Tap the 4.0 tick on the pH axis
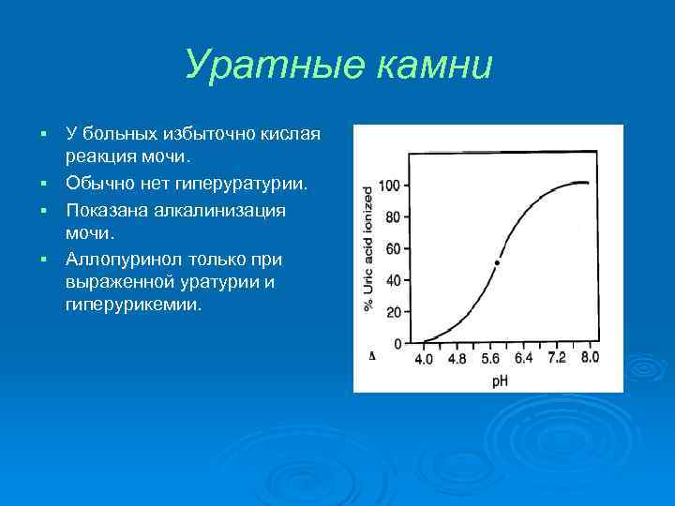click(x=424, y=359)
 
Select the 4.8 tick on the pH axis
click(x=457, y=359)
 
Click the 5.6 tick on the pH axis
click(x=490, y=359)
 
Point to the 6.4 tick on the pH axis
click(x=523, y=359)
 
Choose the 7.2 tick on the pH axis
click(x=556, y=359)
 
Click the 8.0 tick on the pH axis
click(x=589, y=359)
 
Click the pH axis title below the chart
click(x=501, y=380)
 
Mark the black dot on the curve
click(x=497, y=263)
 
